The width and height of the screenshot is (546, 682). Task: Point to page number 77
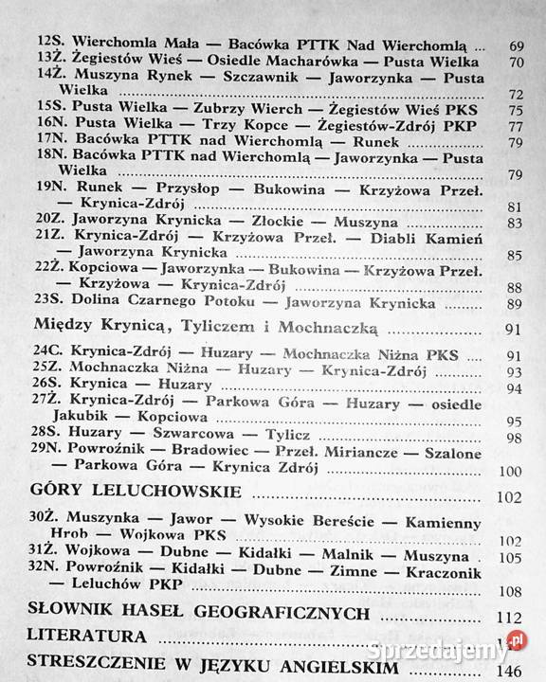coord(516,124)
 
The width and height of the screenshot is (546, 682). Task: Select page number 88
coord(516,287)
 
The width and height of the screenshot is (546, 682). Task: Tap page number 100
coord(512,471)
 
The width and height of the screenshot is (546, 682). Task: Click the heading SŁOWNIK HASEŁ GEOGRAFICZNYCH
coord(198,613)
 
